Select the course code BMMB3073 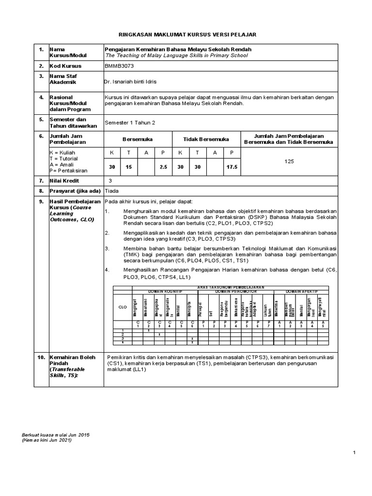[119, 66]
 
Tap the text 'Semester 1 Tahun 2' [130, 123]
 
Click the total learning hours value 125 [289, 161]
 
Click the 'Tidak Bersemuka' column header [206, 139]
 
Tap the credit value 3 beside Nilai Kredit [110, 180]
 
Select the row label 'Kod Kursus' [65, 66]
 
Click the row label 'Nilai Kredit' [65, 180]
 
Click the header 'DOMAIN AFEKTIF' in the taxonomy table [301, 291]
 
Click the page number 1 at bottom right [355, 452]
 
